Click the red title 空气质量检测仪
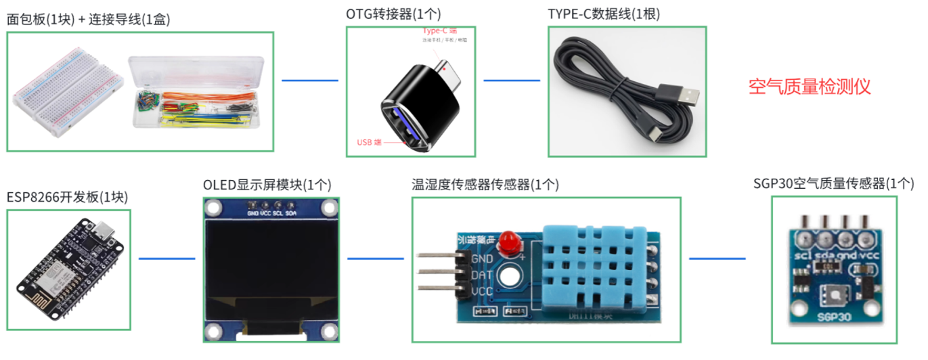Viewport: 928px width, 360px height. click(809, 87)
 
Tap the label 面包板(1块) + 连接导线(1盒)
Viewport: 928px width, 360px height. click(88, 19)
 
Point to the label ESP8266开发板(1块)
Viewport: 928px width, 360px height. click(67, 197)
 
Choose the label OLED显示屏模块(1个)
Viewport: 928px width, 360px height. click(267, 185)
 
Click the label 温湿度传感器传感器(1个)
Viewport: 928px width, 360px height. click(485, 185)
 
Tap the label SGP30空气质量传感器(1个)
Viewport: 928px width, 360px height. click(834, 183)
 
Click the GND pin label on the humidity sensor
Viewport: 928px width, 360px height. click(481, 258)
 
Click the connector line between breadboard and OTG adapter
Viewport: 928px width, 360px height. click(310, 81)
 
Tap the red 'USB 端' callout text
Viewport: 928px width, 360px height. click(370, 142)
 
